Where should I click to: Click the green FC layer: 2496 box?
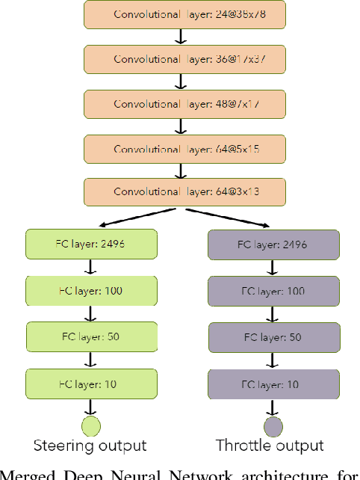click(91, 244)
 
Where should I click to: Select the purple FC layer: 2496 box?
click(272, 244)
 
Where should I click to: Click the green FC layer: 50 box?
click(91, 336)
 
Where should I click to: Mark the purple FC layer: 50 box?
click(272, 336)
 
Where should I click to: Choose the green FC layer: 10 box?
click(91, 384)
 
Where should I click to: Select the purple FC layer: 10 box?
click(272, 384)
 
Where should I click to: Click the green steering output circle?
click(91, 426)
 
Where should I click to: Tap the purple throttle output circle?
click(272, 426)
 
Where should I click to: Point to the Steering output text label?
click(90, 446)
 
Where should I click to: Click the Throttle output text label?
click(270, 446)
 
